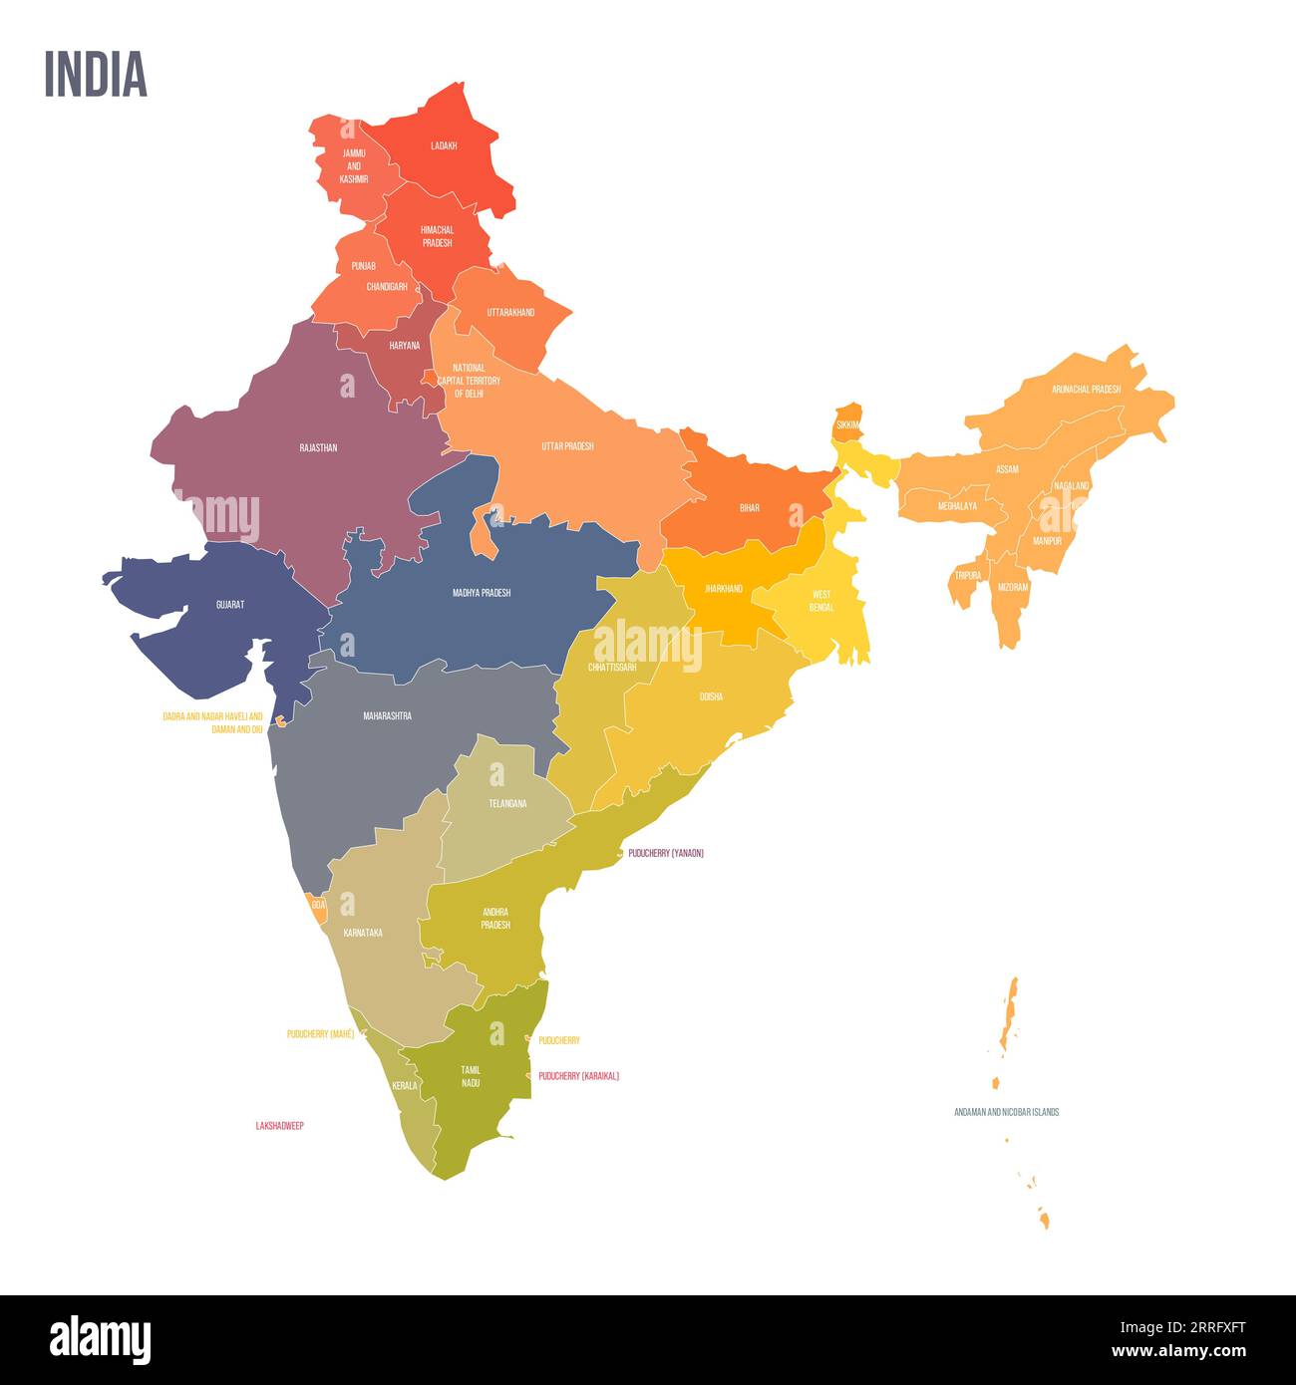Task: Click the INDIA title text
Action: [x=96, y=74]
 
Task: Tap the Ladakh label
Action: [x=444, y=145]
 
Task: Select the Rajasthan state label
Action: [x=318, y=448]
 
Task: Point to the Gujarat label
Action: [x=230, y=605]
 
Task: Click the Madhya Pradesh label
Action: [x=482, y=593]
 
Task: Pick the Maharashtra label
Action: [x=387, y=715]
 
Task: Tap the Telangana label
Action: [x=507, y=803]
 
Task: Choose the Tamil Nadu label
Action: [x=471, y=1076]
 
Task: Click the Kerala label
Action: [x=405, y=1085]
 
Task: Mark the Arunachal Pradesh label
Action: [x=1086, y=390]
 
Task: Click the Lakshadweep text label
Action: [x=280, y=1126]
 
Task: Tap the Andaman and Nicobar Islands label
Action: [x=1006, y=1112]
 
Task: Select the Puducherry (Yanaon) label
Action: [x=666, y=854]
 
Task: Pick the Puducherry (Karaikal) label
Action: [x=579, y=1076]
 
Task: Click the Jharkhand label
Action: [x=724, y=589]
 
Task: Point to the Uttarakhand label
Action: [x=510, y=313]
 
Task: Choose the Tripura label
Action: [x=968, y=576]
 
